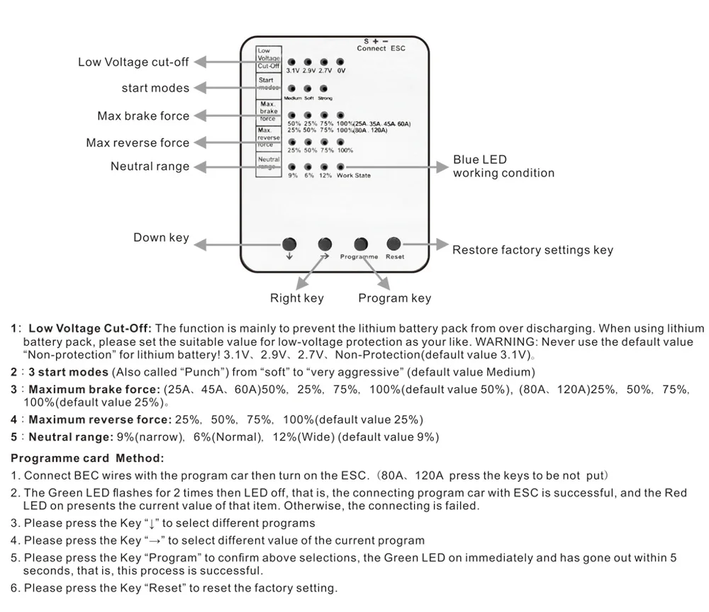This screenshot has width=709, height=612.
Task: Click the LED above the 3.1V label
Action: click(x=292, y=62)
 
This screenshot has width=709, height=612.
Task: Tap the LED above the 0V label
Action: click(x=340, y=62)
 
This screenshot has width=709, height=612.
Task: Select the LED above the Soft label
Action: click(x=308, y=89)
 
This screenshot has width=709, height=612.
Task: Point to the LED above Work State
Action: click(x=341, y=167)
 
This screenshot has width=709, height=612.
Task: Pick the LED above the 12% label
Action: click(x=324, y=167)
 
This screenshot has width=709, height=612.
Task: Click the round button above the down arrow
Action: click(x=289, y=244)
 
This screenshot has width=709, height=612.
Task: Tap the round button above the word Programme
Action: click(x=361, y=244)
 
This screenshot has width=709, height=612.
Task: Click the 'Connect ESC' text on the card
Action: click(x=381, y=49)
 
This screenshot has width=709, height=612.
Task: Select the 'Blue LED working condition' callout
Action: click(x=503, y=166)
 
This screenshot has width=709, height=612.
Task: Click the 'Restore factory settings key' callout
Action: click(x=532, y=250)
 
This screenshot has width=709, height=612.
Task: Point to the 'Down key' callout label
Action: click(x=161, y=238)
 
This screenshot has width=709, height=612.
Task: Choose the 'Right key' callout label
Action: click(x=296, y=298)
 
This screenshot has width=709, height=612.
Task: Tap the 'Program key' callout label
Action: click(x=394, y=298)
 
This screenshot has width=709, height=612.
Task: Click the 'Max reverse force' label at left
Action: click(x=138, y=143)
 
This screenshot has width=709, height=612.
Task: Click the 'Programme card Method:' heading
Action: click(x=87, y=458)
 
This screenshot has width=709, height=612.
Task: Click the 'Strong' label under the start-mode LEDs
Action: click(x=325, y=98)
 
